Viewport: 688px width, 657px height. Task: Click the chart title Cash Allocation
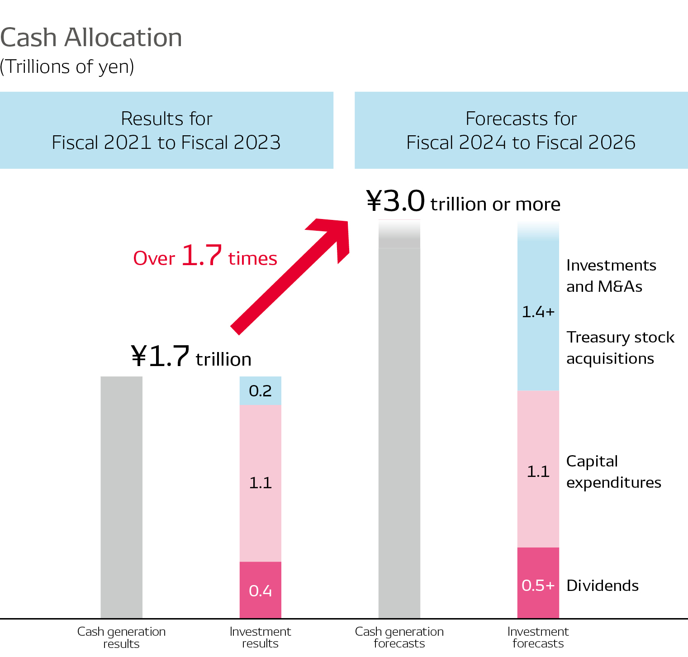[91, 38]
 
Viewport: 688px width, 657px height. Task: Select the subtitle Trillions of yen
[67, 67]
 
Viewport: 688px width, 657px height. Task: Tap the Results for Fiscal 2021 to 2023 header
[166, 130]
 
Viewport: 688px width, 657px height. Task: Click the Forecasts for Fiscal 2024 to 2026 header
[521, 130]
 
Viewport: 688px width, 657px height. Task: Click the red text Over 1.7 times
[205, 256]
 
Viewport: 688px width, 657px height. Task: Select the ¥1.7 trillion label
[191, 357]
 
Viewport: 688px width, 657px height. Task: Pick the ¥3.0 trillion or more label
[463, 202]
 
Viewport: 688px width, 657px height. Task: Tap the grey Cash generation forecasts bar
[399, 430]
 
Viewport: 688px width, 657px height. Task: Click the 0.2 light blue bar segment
[260, 391]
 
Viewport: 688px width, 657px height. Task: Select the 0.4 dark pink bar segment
[260, 590]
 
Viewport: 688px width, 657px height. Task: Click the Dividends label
[602, 586]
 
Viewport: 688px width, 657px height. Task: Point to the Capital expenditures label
[613, 471]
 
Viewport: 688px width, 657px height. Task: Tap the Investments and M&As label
[611, 276]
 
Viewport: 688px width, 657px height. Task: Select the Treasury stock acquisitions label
[620, 348]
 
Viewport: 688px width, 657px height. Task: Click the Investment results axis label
[260, 637]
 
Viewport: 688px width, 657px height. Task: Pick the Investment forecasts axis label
[538, 637]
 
